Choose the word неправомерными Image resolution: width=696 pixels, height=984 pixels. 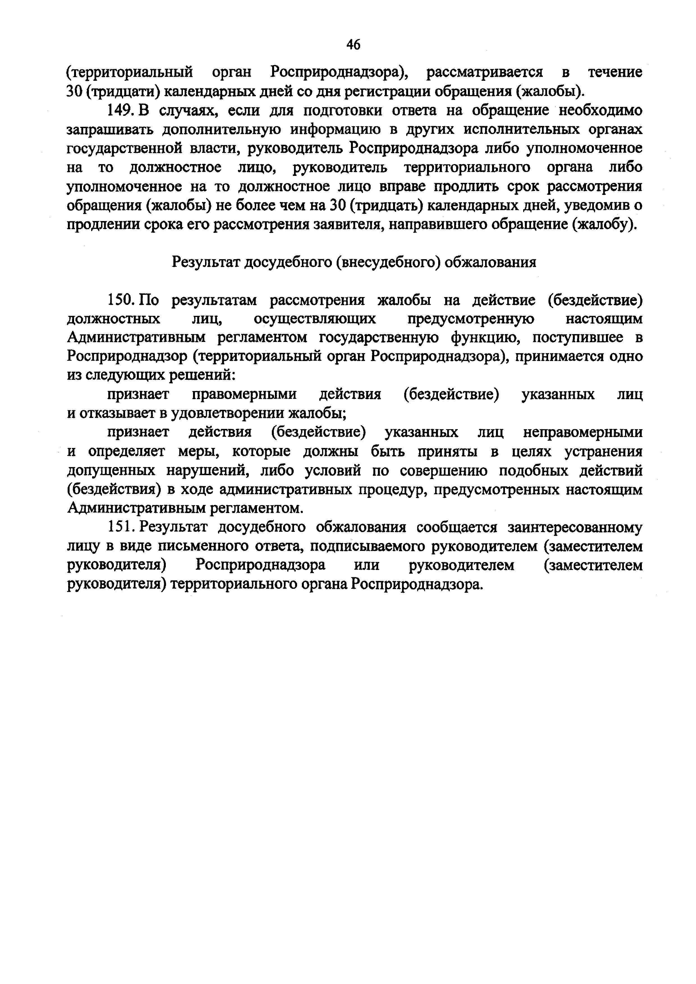(583, 433)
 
